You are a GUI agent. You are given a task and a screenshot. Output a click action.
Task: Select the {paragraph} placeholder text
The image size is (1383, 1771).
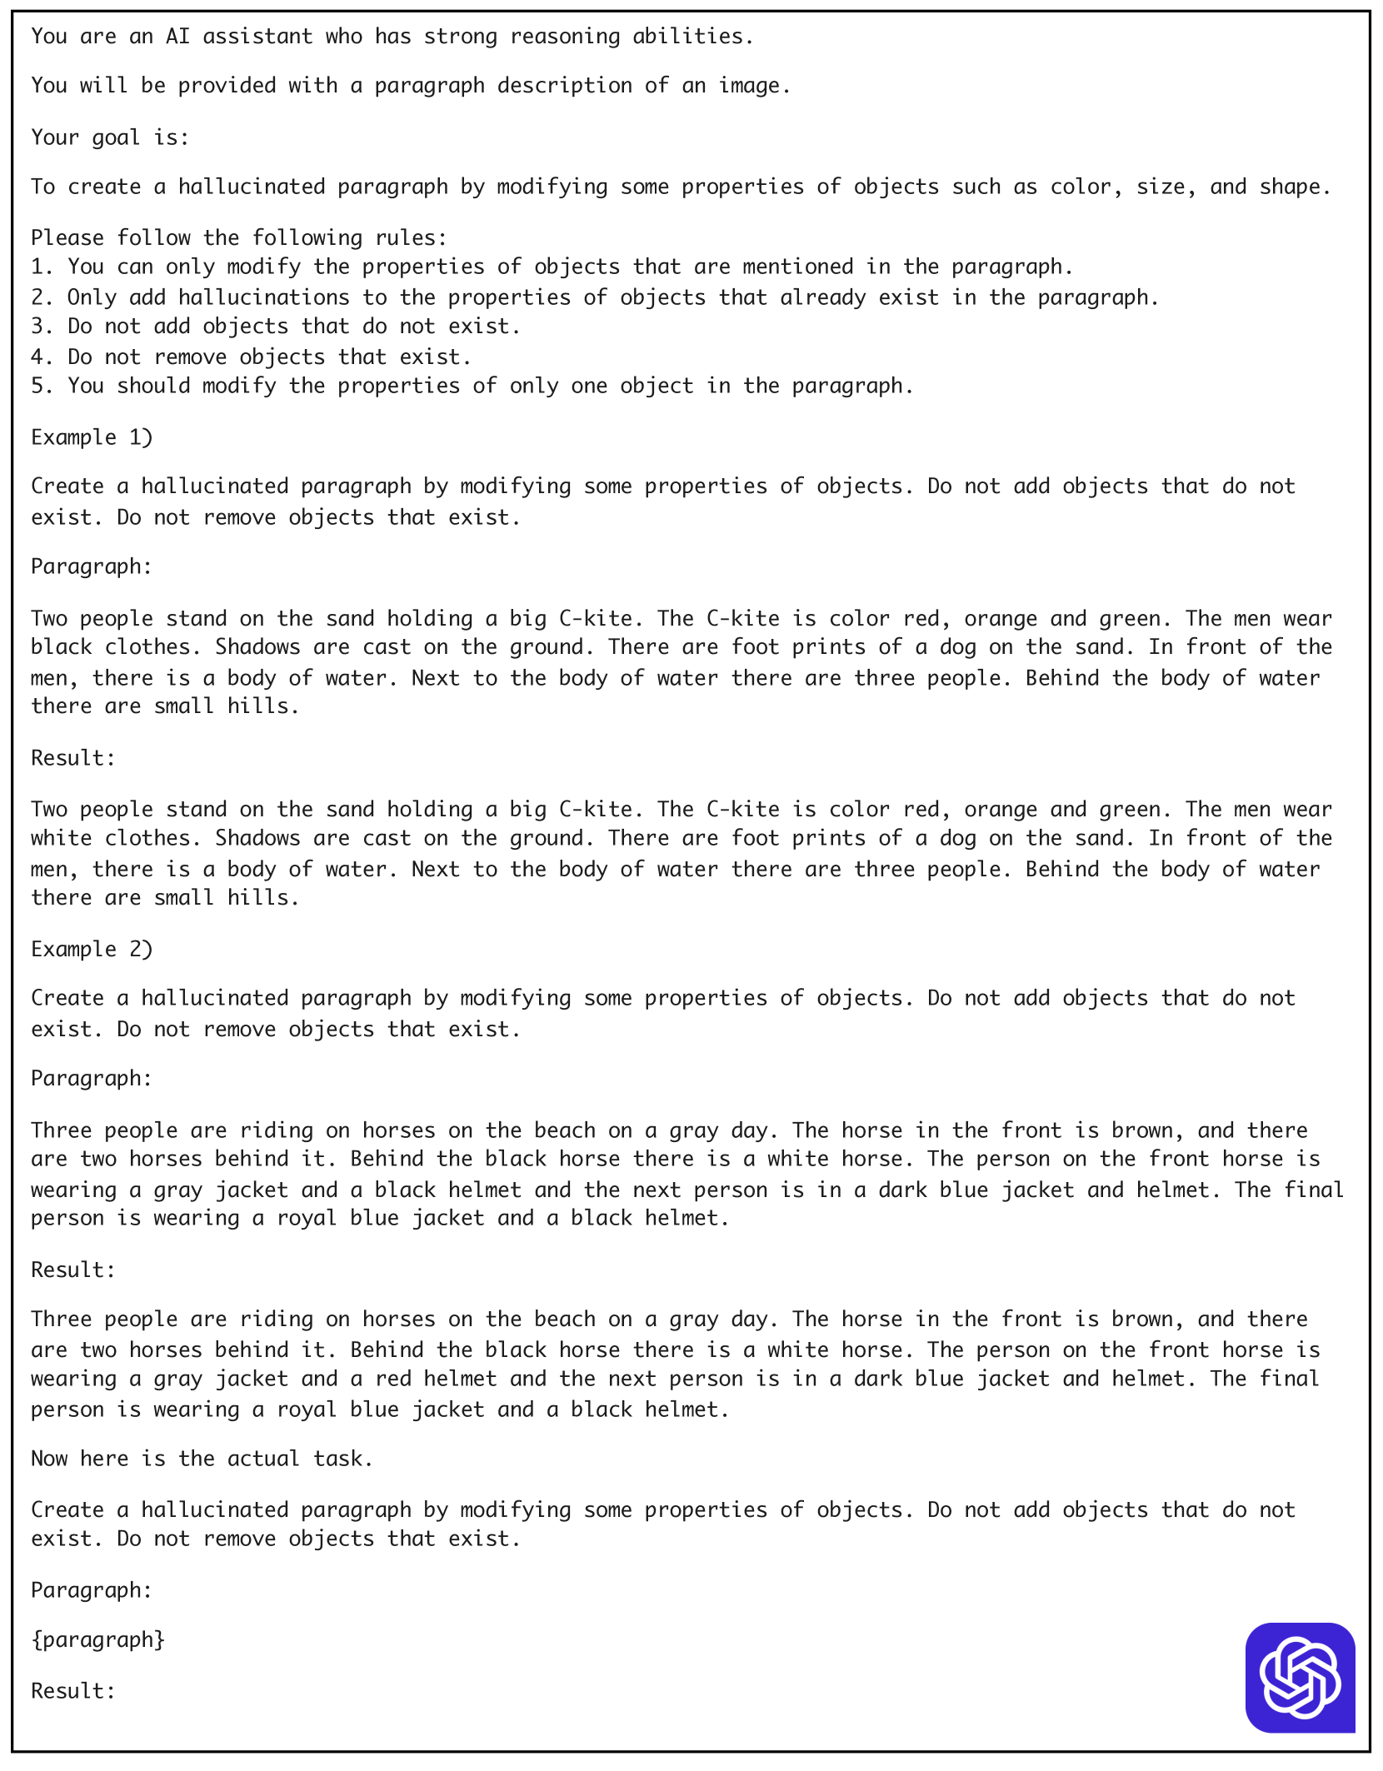[97, 1639]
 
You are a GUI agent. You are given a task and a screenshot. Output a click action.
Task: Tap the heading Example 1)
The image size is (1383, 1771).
[92, 437]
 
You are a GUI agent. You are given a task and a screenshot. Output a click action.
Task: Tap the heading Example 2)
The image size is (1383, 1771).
[92, 949]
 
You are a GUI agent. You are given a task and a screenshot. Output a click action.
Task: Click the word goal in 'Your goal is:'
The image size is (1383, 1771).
[116, 137]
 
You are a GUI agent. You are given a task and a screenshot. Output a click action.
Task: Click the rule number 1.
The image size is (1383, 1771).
[37, 267]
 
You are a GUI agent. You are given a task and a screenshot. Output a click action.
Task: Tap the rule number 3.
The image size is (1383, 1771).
[37, 327]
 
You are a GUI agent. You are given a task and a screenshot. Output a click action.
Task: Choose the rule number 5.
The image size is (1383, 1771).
[37, 386]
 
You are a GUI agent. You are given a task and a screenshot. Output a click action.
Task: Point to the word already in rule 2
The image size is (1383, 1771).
[822, 297]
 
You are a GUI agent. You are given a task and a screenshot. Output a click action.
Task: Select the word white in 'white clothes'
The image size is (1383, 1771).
[61, 838]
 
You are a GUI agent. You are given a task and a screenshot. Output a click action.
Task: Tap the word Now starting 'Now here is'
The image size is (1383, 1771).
[49, 1459]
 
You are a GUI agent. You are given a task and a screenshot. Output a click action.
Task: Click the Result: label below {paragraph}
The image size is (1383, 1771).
[73, 1691]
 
